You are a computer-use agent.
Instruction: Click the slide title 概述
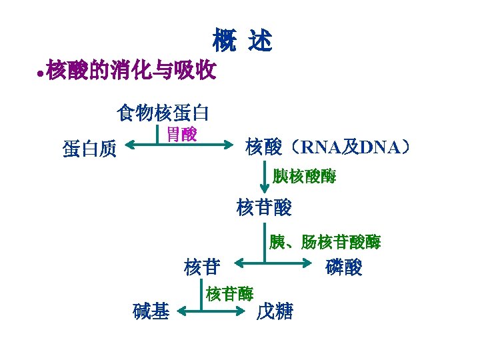242,41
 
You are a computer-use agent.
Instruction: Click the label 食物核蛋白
163,113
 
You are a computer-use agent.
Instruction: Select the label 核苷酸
264,208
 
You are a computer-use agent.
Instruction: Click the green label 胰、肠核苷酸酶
325,242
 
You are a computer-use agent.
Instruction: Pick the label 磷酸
344,267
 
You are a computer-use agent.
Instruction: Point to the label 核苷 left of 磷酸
202,267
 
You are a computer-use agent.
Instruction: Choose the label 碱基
151,311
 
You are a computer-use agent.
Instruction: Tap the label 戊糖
275,311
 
